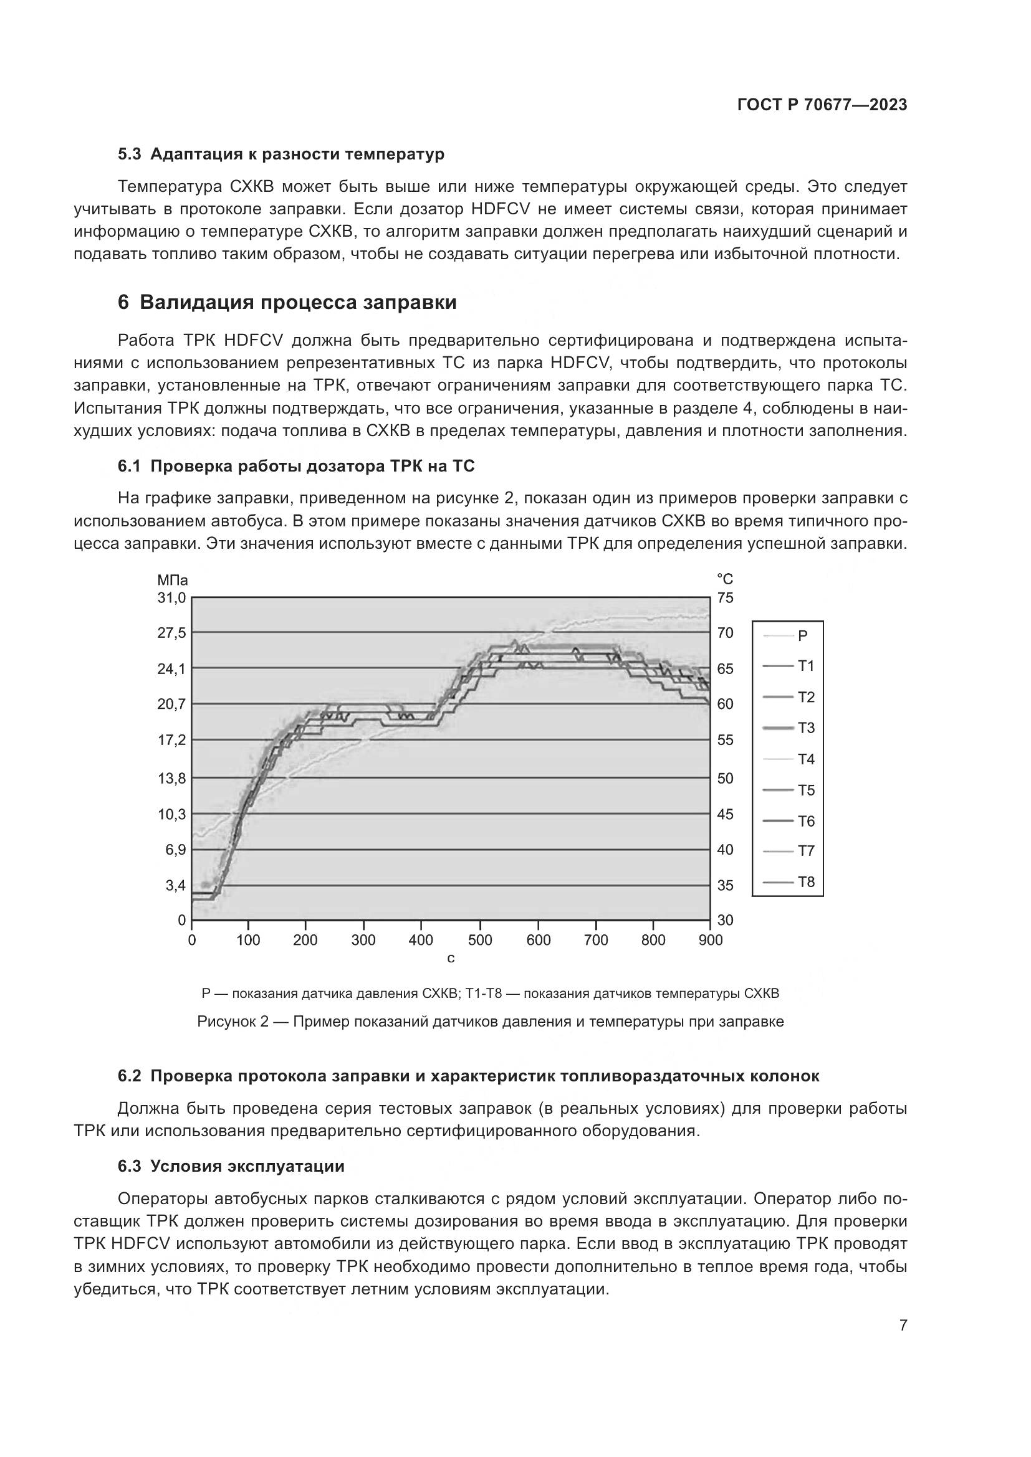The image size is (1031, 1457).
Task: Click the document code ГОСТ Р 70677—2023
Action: pyautogui.click(x=822, y=105)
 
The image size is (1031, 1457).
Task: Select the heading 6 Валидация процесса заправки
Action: pyautogui.click(x=287, y=303)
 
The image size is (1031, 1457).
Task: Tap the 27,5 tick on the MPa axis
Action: pyautogui.click(x=171, y=633)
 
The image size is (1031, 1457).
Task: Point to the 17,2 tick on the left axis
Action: pyautogui.click(x=171, y=740)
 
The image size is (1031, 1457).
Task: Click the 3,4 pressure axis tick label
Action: pyautogui.click(x=175, y=885)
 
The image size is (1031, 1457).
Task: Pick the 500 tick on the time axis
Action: pyautogui.click(x=480, y=941)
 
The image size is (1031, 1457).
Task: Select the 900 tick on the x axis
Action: pyautogui.click(x=711, y=941)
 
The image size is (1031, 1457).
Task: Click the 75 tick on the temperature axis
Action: pyautogui.click(x=725, y=598)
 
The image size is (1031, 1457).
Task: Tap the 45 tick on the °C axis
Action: pyautogui.click(x=725, y=814)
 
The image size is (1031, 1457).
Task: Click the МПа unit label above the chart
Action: pyautogui.click(x=173, y=580)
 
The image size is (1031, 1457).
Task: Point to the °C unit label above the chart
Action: pyautogui.click(x=725, y=579)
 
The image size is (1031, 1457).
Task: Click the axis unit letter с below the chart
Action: pyautogui.click(x=451, y=959)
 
